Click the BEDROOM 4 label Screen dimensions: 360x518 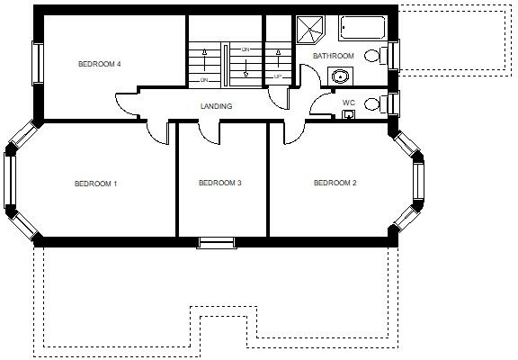100,64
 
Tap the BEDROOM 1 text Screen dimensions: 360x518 96,184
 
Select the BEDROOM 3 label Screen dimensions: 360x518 220,184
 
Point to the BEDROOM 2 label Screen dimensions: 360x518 335,184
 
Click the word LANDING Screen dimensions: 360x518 216,106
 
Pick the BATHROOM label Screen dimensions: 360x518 334,56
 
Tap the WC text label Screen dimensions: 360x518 349,103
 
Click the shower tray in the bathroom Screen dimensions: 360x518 311,30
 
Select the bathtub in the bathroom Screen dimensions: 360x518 363,28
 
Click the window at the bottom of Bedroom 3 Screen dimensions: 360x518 216,241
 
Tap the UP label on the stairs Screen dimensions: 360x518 279,76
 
